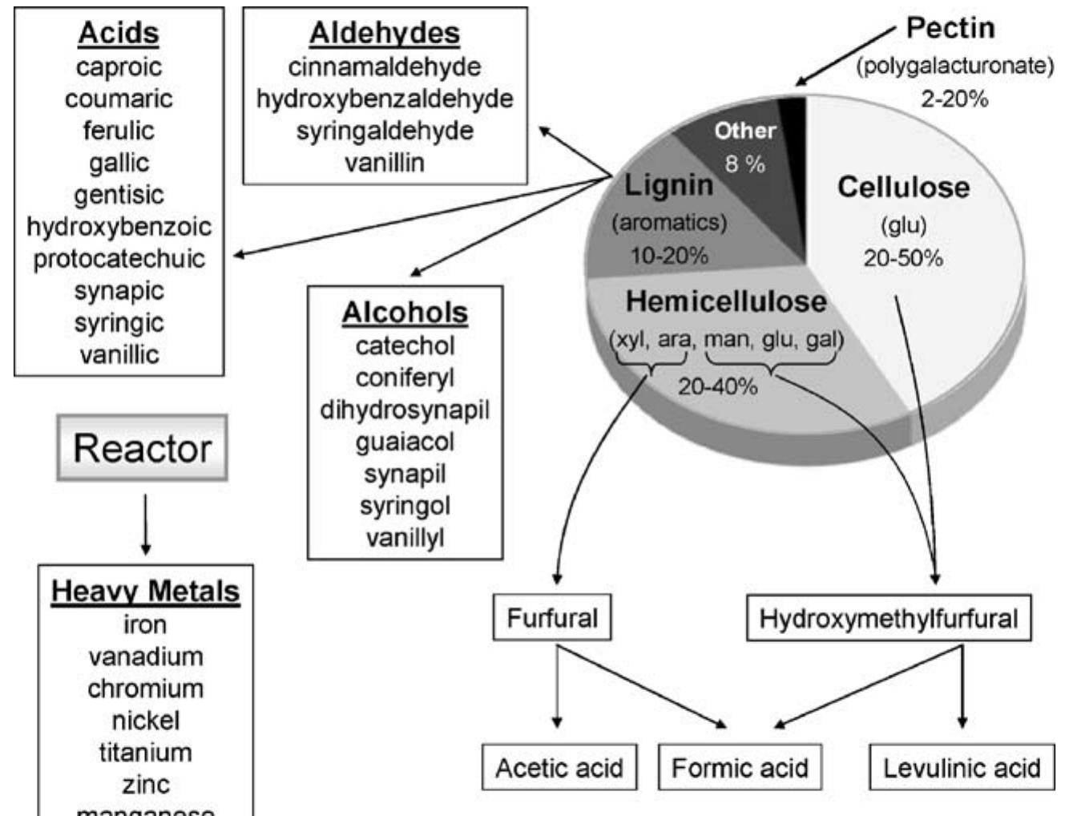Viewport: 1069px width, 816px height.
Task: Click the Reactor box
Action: [x=143, y=448]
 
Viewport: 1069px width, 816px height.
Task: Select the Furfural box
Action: [x=552, y=618]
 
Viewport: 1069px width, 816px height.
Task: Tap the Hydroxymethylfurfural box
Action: [x=888, y=618]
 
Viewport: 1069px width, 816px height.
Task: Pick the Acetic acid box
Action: [x=559, y=768]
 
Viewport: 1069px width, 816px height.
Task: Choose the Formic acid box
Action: [x=740, y=768]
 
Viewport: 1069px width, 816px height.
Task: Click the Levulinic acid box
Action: [x=962, y=768]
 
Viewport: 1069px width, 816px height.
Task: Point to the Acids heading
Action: [x=119, y=33]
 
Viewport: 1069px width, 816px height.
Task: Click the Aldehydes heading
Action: [x=385, y=33]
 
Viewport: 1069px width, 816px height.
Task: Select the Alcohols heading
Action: [x=405, y=312]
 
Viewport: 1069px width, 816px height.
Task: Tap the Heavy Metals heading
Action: [x=146, y=591]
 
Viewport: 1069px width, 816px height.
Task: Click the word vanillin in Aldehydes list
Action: [x=385, y=163]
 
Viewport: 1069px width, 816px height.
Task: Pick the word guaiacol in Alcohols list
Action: [x=405, y=442]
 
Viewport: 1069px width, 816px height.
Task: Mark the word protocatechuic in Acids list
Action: [x=119, y=259]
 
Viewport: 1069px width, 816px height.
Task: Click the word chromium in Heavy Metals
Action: [x=146, y=689]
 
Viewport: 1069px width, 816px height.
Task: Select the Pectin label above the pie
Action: [x=950, y=28]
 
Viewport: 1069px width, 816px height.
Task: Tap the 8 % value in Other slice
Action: [x=745, y=164]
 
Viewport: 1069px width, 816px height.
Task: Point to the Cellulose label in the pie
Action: [x=903, y=188]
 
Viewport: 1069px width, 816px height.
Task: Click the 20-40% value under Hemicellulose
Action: [x=717, y=386]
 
